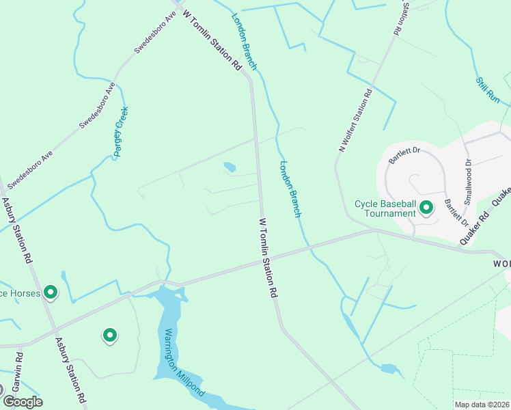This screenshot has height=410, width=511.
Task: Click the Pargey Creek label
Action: (x=122, y=132)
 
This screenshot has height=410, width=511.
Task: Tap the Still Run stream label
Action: (x=488, y=90)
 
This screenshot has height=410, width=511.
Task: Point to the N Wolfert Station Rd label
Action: (x=355, y=120)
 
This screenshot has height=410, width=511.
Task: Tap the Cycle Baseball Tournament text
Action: (x=385, y=208)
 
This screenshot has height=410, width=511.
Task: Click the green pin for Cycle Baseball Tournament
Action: (x=426, y=206)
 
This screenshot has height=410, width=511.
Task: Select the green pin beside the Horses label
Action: (x=50, y=292)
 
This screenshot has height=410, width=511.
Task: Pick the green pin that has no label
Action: (x=109, y=335)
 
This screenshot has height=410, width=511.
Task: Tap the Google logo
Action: (x=22, y=402)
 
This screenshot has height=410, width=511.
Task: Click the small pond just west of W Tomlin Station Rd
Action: (x=230, y=167)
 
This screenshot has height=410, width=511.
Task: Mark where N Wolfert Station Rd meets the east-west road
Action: (x=374, y=230)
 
